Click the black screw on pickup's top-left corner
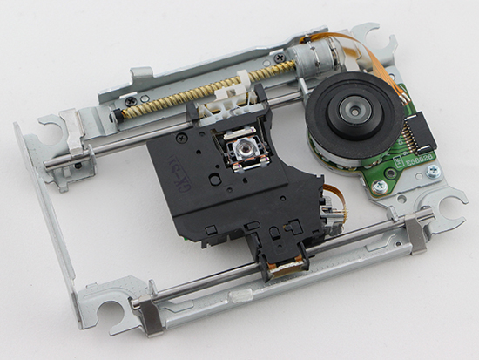click(x=180, y=138)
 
